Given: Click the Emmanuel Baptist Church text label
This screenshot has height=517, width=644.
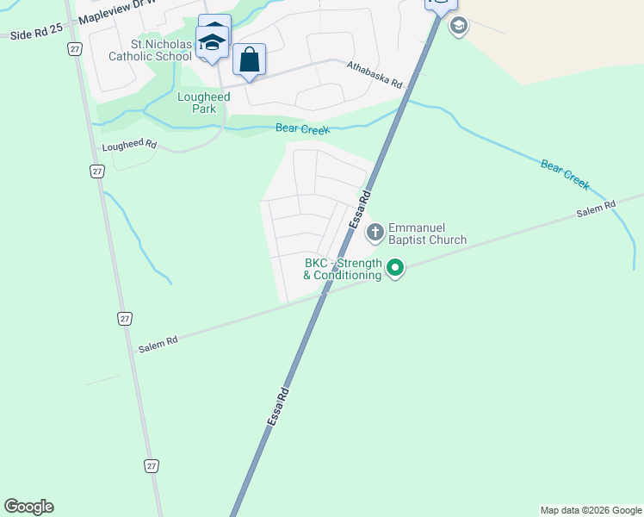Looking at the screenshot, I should click(x=427, y=234).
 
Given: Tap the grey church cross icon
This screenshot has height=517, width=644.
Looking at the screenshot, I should click(x=375, y=232).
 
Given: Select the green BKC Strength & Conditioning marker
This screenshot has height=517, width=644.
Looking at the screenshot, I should click(x=395, y=269).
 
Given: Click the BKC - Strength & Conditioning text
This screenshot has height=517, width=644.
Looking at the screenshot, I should click(x=343, y=269).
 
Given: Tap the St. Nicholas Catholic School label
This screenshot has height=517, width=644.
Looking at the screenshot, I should click(x=149, y=51).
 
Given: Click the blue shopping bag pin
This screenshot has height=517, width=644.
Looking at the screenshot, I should click(x=249, y=60).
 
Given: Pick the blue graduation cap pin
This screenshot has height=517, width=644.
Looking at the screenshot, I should click(x=212, y=42).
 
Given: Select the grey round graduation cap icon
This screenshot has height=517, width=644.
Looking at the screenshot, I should click(x=459, y=26).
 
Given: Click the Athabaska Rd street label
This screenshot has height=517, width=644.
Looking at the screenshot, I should click(x=375, y=75).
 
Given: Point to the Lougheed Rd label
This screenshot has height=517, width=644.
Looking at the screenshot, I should click(x=129, y=145).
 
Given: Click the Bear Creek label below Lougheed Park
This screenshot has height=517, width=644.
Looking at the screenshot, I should click(x=302, y=129).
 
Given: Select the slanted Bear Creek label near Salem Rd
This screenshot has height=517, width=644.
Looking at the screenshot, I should click(x=565, y=174).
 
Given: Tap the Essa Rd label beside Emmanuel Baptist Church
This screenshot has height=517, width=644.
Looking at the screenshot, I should click(x=360, y=209).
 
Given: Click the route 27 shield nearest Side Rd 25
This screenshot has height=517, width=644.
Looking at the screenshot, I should click(x=74, y=50).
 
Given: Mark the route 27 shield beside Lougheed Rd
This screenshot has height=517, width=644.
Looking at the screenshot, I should click(x=97, y=171).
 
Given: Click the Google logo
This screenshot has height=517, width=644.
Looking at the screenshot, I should click(x=28, y=507).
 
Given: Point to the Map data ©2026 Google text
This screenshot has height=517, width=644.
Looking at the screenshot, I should click(x=591, y=510).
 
